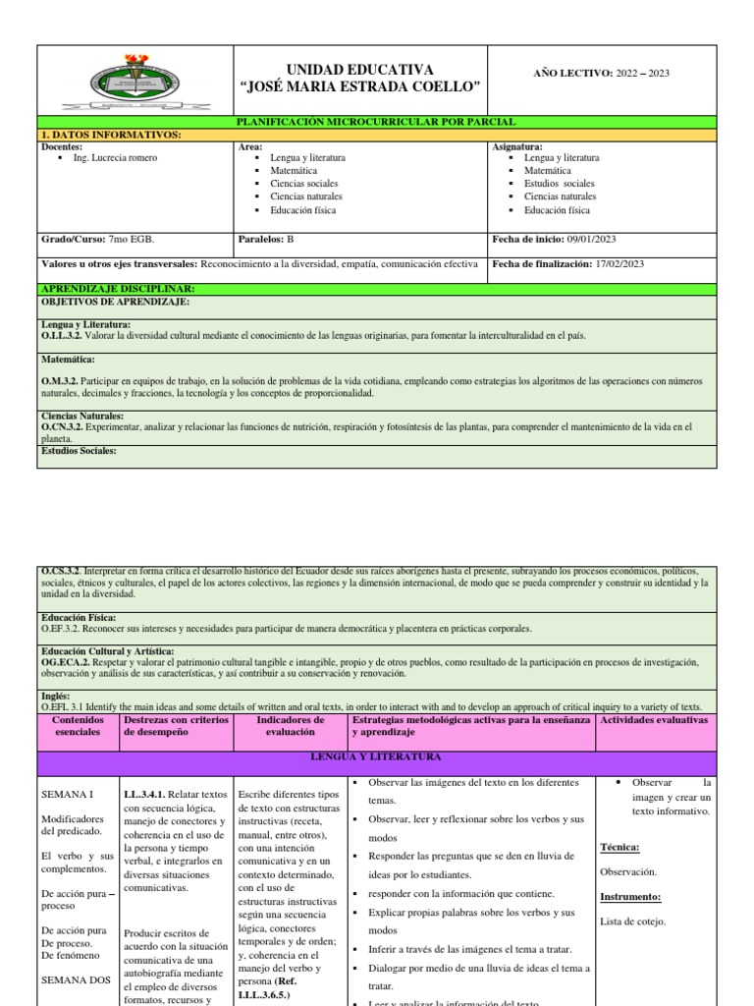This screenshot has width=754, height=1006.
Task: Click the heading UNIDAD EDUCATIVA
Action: [x=360, y=69]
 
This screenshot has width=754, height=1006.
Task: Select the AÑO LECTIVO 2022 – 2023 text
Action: [x=601, y=74]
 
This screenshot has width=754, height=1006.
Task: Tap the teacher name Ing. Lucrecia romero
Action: [x=115, y=158]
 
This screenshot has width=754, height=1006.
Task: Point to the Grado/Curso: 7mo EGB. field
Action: [x=98, y=239]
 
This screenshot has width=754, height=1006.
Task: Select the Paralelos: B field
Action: [x=267, y=239]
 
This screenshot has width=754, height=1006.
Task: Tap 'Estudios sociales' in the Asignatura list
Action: [x=559, y=184]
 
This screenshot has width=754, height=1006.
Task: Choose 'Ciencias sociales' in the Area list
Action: [x=305, y=184]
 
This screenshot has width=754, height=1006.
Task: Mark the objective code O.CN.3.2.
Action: [x=63, y=427]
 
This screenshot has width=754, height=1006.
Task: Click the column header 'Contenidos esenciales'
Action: [x=79, y=726]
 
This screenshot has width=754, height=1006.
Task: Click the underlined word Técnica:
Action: [x=619, y=846]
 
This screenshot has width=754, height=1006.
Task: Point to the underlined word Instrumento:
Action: [x=629, y=896]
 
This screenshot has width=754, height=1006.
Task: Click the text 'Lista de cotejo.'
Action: [x=633, y=921]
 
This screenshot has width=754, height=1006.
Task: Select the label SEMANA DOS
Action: [x=74, y=979]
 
